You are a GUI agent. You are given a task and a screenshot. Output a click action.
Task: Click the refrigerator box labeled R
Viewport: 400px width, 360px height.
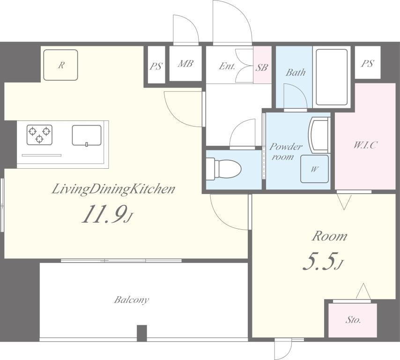coord(60,65)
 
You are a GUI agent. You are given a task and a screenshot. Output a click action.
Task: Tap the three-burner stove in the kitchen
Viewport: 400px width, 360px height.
coord(39,135)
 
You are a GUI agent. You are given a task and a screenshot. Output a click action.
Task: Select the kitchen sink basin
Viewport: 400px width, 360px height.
coord(87,135)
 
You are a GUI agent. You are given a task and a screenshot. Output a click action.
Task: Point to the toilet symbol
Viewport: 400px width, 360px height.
coord(224,169)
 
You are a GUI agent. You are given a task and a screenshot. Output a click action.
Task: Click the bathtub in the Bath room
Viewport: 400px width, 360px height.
coord(332,77)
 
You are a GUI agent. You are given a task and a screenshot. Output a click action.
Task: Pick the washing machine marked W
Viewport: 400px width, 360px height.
coord(314,169)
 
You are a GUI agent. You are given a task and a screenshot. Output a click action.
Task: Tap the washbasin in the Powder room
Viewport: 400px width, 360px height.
coord(319,135)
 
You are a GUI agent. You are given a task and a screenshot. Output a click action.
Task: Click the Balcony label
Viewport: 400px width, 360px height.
coord(131,300)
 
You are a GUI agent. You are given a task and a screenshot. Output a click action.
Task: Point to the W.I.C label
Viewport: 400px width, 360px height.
coord(365,145)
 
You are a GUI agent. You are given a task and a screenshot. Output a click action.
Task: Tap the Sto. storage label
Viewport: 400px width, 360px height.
coord(353,320)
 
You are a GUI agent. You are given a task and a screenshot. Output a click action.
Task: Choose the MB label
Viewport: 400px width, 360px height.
coord(185,64)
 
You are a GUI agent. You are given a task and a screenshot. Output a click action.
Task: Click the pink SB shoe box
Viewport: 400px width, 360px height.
coord(262,65)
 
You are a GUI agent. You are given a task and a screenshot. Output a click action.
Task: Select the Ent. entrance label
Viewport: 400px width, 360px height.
coord(227,67)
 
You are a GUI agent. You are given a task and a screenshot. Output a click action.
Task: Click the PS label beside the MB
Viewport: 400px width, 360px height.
coord(156,67)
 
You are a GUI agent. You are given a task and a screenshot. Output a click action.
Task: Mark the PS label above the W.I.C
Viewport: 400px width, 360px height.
coord(367,64)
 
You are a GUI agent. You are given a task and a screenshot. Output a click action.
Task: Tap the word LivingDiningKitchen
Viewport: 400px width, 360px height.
coord(113,189)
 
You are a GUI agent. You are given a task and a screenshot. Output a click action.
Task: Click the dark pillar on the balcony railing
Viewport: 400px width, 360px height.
coord(142,333)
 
